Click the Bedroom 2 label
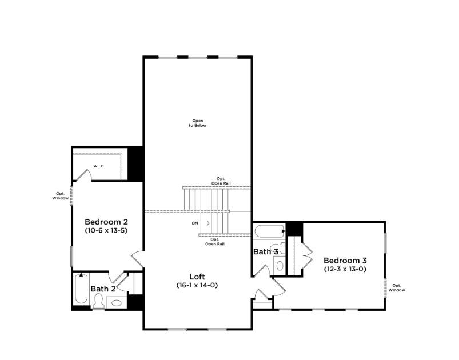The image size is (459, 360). click(x=106, y=222)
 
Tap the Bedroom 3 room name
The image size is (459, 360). click(x=345, y=261)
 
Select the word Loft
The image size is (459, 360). click(x=197, y=277)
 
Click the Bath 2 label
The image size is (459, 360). click(x=103, y=289)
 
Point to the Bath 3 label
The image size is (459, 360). click(x=266, y=251)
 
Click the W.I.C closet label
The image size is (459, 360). click(x=99, y=167)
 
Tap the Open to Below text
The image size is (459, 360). click(x=198, y=123)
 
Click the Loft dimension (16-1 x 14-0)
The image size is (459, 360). click(x=197, y=285)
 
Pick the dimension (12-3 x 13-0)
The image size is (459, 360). click(x=345, y=269)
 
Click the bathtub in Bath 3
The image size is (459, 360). click(x=268, y=232)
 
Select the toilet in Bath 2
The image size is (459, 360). click(x=98, y=302)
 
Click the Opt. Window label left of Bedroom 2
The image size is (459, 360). click(x=60, y=195)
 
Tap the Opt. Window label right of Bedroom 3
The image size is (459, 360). click(x=397, y=287)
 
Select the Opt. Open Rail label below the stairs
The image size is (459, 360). click(x=215, y=241)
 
